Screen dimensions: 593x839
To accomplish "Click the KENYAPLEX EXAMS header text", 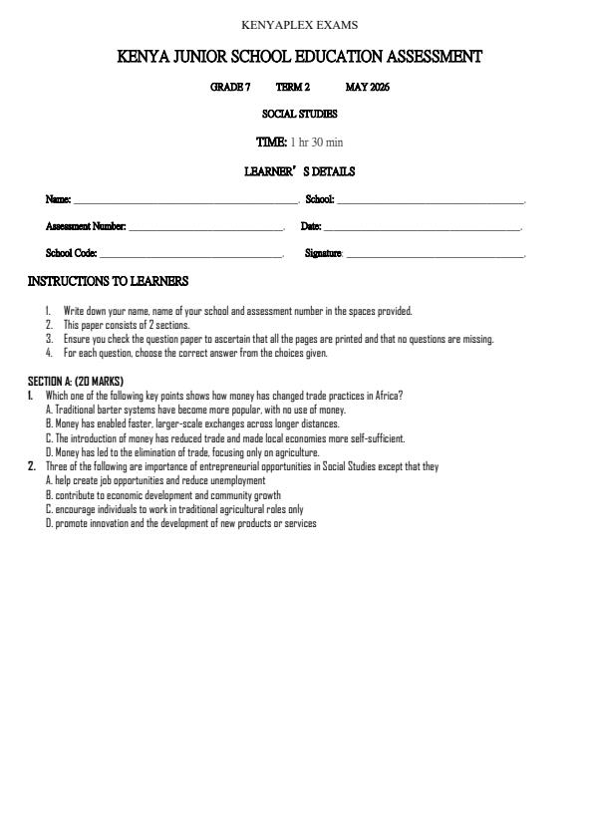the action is point(299,25).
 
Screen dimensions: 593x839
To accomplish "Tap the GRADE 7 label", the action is point(230,88).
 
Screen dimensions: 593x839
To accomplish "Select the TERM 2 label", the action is point(293,88).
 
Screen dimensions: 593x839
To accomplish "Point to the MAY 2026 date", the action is point(368,88).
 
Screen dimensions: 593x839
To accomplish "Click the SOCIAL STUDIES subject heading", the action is point(299,115).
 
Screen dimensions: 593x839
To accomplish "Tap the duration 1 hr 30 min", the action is point(317,142).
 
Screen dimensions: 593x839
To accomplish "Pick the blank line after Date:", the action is point(423,228).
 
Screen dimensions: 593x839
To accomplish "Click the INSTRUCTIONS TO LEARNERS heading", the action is point(108,282).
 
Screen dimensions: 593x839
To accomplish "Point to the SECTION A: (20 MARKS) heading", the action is point(76,382).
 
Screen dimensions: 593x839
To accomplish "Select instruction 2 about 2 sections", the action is point(127,325).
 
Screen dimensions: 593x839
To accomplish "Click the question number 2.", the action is point(32,466).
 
